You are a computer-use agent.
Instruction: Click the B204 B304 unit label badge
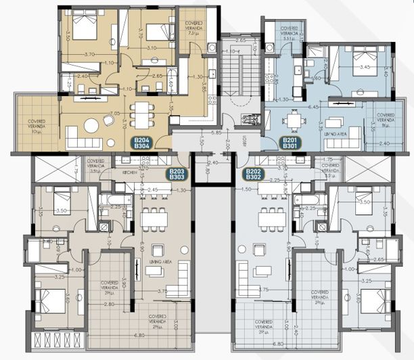click(x=142, y=143)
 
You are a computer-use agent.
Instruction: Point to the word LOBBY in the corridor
click(x=243, y=143)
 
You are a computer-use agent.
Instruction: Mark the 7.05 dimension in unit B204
click(x=116, y=113)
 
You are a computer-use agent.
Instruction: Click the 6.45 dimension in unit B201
click(x=313, y=107)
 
